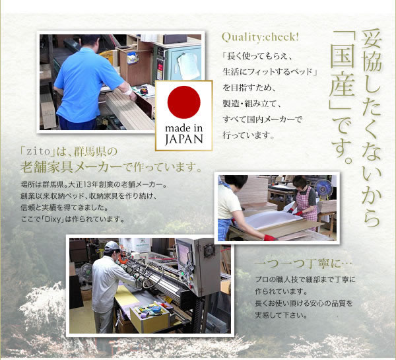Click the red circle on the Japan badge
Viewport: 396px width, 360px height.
tap(184, 102)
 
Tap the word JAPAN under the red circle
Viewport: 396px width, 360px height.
tap(184, 139)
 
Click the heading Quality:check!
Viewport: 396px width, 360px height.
tap(260, 38)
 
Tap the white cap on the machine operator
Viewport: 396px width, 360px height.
tap(112, 246)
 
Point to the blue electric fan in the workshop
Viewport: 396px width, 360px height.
tap(323, 188)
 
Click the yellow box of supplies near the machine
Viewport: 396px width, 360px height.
tap(150, 318)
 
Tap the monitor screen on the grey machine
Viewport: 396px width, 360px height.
tap(184, 254)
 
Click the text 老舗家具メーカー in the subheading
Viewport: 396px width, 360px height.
tap(71, 167)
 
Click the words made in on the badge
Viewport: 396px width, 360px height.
tap(184, 128)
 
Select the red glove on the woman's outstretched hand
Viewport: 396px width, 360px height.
tap(270, 238)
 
